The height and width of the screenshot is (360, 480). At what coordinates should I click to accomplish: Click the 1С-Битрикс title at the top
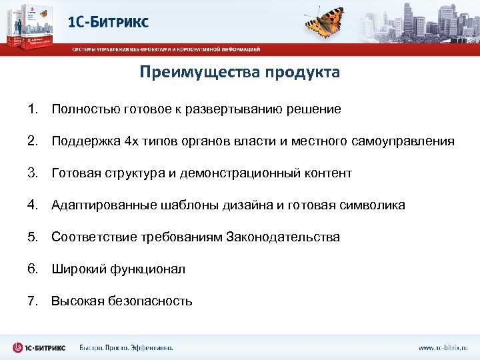(x=109, y=22)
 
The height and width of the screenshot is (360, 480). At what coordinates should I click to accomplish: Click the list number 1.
(x=33, y=109)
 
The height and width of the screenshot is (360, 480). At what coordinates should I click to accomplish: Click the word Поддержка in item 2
(x=86, y=141)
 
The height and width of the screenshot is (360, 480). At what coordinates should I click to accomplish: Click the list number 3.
(x=33, y=173)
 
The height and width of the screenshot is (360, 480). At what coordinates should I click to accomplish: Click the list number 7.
(x=33, y=301)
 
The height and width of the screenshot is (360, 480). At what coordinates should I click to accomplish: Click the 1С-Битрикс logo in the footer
(x=39, y=347)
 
